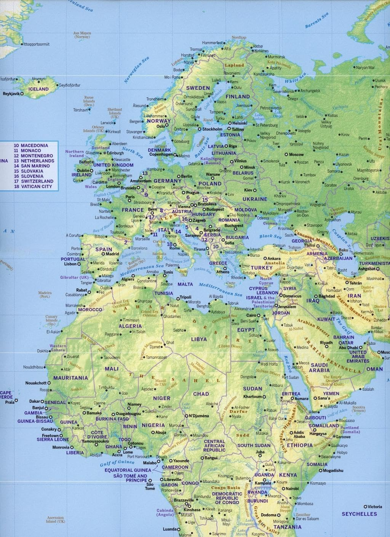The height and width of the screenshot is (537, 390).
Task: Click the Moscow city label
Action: click(x=296, y=155)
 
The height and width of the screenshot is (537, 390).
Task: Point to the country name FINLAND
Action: click(x=238, y=97)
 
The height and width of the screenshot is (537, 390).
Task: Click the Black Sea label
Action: click(x=270, y=237)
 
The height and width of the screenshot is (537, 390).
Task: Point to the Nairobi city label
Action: click(x=292, y=488)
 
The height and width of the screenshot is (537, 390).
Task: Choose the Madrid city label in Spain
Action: click(x=112, y=254)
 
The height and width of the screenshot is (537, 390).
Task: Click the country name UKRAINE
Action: click(x=255, y=199)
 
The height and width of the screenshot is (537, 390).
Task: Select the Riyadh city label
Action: click(x=326, y=342)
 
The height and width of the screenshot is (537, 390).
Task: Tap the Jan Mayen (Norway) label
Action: click(x=82, y=35)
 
